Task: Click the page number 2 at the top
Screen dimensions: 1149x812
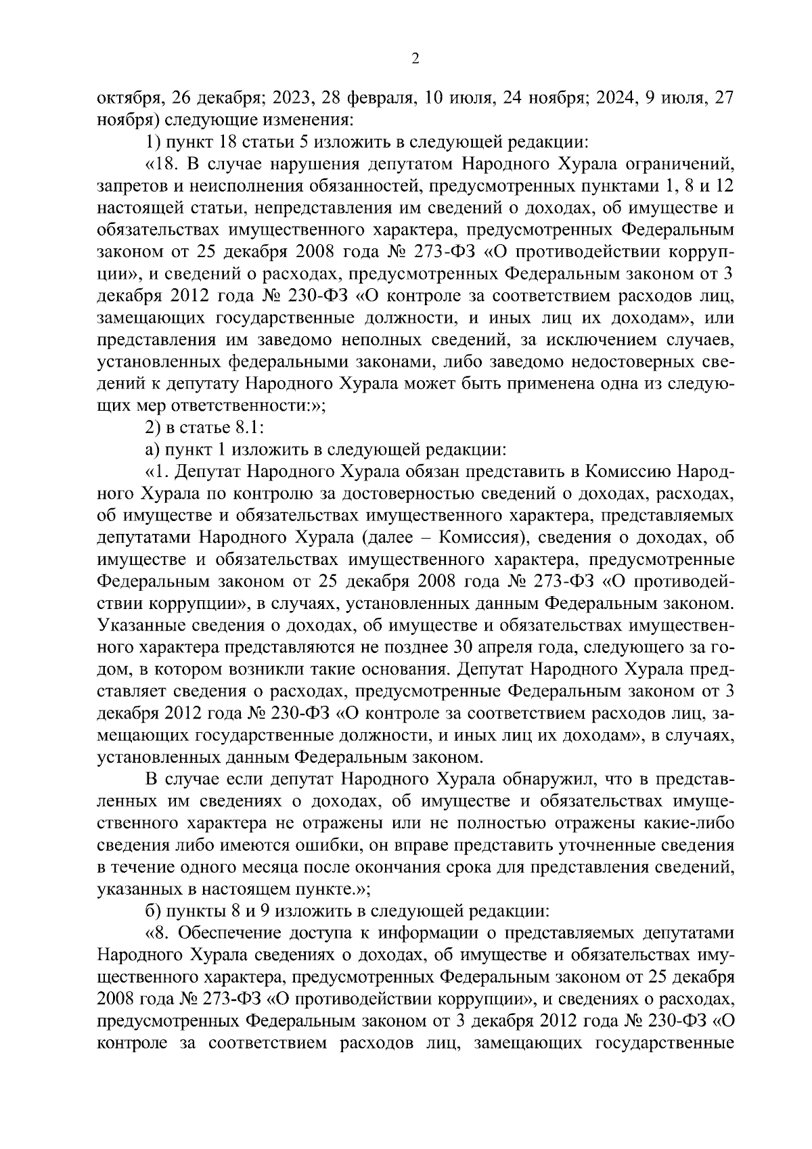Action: pos(415,59)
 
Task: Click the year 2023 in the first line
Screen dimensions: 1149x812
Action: pos(288,98)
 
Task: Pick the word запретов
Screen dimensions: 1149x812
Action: pos(129,186)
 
